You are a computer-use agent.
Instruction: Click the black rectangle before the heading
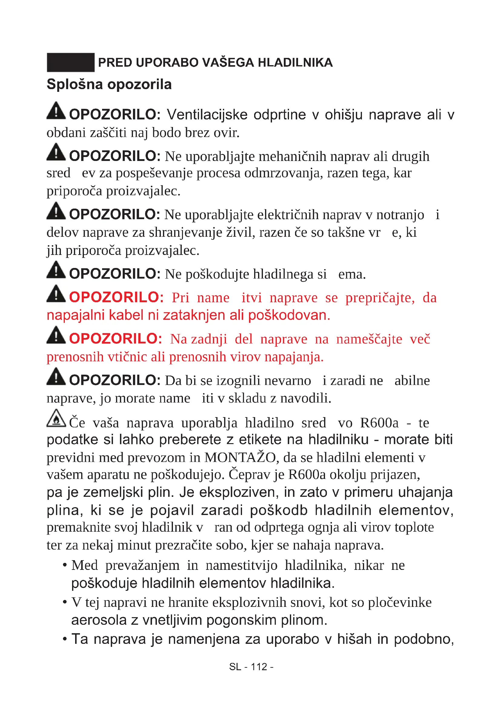[x=71, y=62]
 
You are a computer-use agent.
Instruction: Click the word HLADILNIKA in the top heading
[x=295, y=63]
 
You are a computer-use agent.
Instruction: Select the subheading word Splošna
[x=74, y=85]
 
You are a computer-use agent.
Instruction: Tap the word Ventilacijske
[x=207, y=115]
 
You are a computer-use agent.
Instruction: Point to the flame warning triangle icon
[x=56, y=418]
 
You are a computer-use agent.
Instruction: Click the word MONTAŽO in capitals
[x=240, y=458]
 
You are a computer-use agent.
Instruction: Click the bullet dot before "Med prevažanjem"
[x=65, y=565]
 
